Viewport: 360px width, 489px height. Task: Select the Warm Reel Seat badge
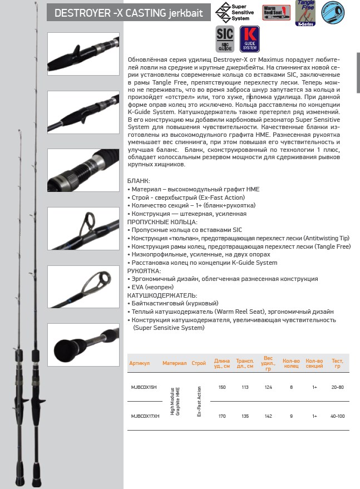(277, 12)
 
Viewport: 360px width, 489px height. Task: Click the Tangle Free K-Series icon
(305, 12)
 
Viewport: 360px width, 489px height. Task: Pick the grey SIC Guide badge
(225, 39)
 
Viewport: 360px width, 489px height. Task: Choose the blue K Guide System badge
(250, 39)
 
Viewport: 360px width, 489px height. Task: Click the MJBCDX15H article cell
(144, 387)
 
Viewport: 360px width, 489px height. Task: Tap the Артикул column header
(140, 363)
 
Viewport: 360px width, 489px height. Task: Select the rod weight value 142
(268, 415)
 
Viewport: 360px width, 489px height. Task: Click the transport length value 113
(245, 387)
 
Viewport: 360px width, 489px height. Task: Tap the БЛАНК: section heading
(139, 181)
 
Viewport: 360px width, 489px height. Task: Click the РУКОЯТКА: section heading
(144, 271)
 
